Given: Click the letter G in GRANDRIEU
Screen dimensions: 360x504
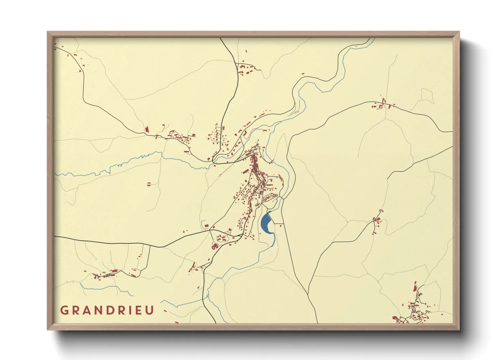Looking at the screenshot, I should (x=64, y=310).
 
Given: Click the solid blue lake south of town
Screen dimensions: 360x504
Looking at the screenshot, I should (x=265, y=223).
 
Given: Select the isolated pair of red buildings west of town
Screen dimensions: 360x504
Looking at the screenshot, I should (x=149, y=184).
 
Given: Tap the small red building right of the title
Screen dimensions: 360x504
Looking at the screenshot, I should (x=165, y=311).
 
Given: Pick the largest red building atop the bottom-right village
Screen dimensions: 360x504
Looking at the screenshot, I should (x=415, y=288).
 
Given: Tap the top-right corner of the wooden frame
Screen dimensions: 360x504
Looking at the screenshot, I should (x=459, y=32).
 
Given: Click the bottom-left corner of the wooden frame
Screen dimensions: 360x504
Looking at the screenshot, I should (x=47, y=330).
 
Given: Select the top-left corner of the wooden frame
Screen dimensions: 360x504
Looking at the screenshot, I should (x=47, y=32).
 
